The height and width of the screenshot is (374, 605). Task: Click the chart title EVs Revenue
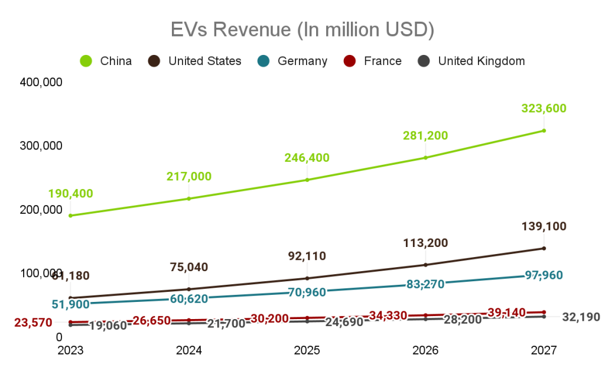302,30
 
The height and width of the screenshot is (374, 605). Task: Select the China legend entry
106,61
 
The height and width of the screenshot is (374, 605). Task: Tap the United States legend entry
195,61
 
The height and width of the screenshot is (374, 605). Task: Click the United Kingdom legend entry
471,61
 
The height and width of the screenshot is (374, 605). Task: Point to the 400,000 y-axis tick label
41,82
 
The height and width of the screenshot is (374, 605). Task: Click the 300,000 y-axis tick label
41,146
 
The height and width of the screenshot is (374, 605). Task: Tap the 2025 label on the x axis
307,350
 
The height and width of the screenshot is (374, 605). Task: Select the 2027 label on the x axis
544,350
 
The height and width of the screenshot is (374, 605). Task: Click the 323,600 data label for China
544,108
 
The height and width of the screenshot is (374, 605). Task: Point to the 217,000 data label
189,176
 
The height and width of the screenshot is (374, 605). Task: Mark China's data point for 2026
425,158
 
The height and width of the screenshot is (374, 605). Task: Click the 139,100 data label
544,226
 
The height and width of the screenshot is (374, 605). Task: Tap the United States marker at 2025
307,278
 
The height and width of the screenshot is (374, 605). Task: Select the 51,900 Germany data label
71,304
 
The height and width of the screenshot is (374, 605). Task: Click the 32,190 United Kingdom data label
581,317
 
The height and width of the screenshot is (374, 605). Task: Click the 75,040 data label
189,267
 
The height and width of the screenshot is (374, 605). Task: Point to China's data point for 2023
71,216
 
